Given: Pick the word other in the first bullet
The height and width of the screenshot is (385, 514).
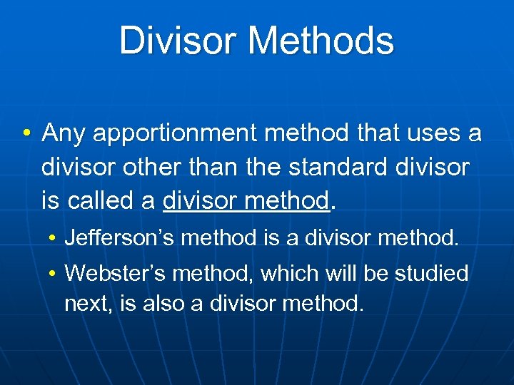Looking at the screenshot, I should [x=148, y=168].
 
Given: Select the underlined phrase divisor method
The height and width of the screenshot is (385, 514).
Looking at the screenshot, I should [x=247, y=201].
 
